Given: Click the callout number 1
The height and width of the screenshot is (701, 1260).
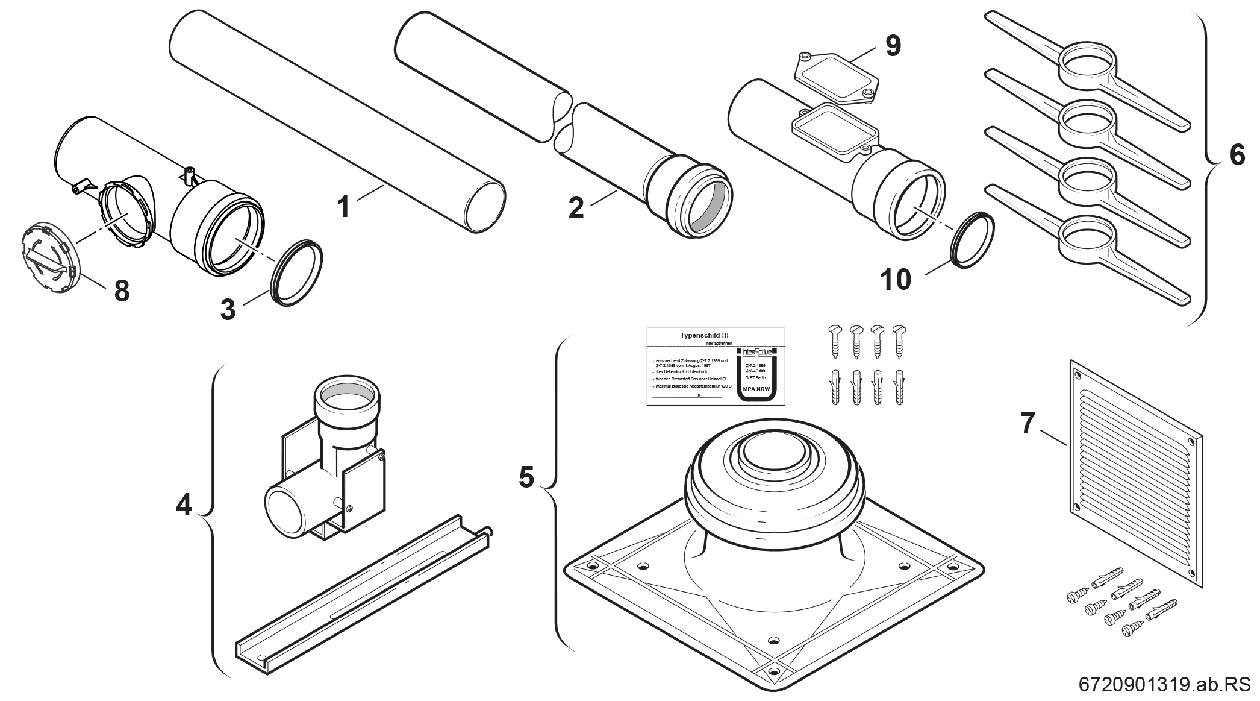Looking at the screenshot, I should coord(343,207).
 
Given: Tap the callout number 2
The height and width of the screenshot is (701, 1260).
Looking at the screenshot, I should coord(576,208).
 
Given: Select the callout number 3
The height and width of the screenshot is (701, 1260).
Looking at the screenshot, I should coord(228,310).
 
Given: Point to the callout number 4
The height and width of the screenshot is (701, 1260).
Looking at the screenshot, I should coord(184,504).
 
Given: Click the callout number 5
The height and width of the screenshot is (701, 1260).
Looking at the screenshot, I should coord(526,477).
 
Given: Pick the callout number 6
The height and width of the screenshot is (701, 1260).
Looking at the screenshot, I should coord(1237,155).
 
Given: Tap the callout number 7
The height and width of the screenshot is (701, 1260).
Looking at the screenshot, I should coord(1028,423).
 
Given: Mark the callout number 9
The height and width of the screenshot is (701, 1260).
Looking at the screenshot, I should coord(892,46).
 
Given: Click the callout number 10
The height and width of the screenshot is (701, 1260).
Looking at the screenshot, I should coord(896,280).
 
